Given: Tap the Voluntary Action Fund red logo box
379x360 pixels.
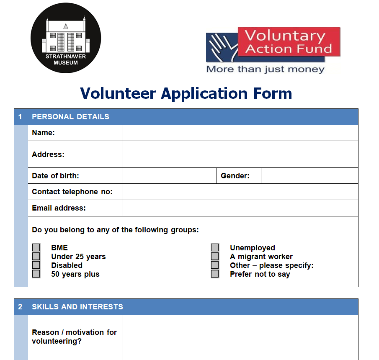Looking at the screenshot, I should (x=289, y=42).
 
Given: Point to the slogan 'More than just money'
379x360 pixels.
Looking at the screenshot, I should (x=265, y=69).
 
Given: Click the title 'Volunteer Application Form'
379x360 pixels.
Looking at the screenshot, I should (x=186, y=93).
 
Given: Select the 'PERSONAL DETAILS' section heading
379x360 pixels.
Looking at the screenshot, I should (x=70, y=117).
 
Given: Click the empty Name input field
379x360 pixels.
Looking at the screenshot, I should (x=240, y=133).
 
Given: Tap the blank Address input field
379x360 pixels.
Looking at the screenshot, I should (x=240, y=154).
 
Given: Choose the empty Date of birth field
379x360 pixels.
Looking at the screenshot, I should (x=169, y=176).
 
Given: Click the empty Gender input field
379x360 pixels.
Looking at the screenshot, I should (x=309, y=176).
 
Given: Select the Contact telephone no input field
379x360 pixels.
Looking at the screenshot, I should (x=240, y=192).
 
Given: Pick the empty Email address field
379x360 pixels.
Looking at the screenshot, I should (x=240, y=208).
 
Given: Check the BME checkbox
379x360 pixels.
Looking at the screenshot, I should (x=36, y=247).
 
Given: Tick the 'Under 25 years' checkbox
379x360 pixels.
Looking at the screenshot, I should (x=36, y=256).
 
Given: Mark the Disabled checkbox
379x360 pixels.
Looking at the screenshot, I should (x=36, y=265).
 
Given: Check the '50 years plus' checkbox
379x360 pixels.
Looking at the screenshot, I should (x=36, y=274).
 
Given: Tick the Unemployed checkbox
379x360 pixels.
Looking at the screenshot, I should (x=215, y=247).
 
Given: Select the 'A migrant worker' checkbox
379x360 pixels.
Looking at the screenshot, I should (x=215, y=256).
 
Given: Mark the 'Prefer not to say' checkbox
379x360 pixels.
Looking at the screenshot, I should (x=215, y=274).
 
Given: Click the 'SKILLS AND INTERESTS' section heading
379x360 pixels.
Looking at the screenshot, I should (x=77, y=307).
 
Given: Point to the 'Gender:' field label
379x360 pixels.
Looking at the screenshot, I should (x=235, y=176).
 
